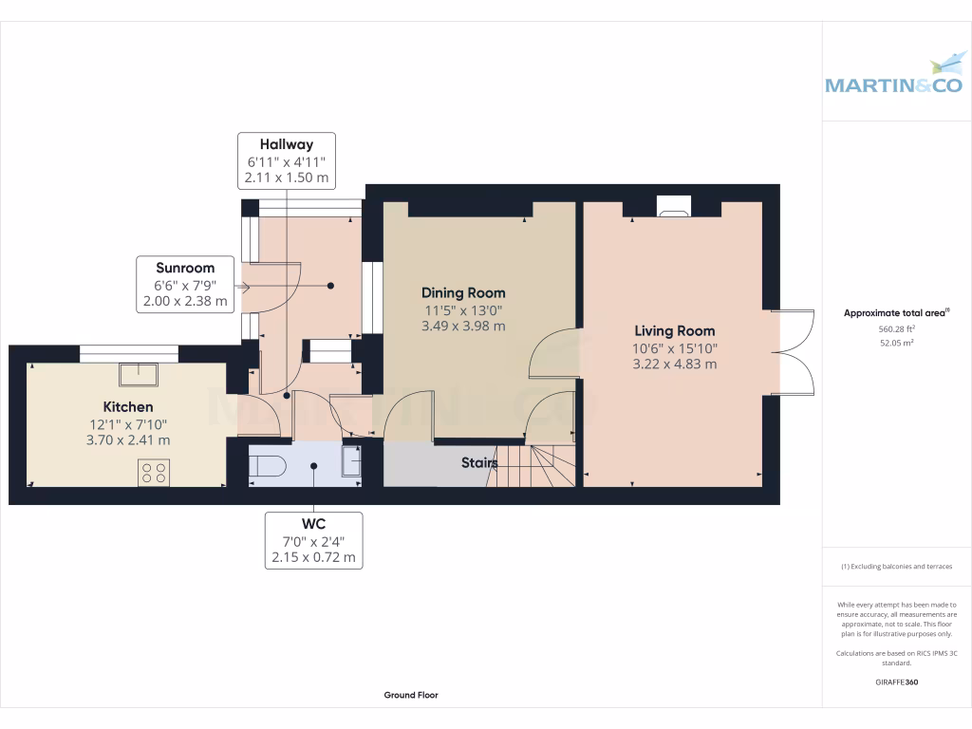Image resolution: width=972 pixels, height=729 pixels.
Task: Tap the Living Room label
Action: tap(674, 331)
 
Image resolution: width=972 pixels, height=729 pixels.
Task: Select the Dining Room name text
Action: tap(463, 293)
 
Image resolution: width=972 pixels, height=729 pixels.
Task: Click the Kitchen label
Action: tap(128, 407)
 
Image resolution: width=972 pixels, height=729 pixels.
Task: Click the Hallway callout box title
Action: tap(287, 145)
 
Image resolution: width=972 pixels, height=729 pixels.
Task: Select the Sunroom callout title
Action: tap(185, 269)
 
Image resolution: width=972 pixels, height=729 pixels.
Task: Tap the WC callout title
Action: tap(314, 524)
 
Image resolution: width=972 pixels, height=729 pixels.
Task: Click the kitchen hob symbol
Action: tap(154, 472)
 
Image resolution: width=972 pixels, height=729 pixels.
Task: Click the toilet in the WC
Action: tap(269, 465)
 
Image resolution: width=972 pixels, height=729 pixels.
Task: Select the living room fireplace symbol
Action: tap(675, 208)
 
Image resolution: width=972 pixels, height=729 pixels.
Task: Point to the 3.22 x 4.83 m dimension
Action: tap(674, 364)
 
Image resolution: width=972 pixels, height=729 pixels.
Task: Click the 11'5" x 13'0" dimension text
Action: tap(463, 309)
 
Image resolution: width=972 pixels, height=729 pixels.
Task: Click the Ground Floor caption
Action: tap(411, 695)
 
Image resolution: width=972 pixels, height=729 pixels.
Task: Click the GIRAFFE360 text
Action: tap(897, 682)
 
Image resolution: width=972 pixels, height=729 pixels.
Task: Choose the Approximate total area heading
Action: tap(896, 312)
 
